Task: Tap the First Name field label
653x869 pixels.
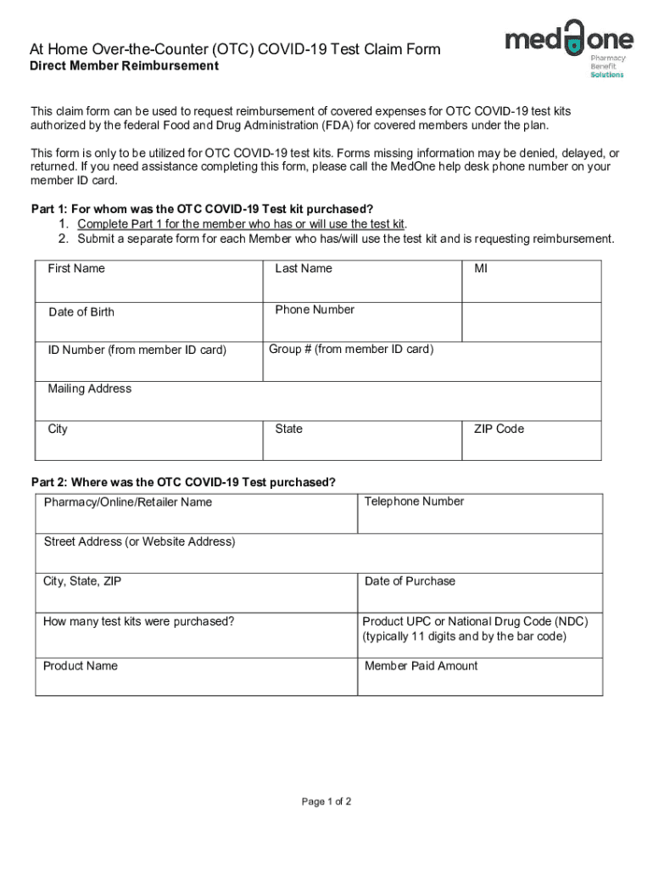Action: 76,269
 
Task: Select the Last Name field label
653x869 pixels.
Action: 303,269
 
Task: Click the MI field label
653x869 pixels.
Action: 481,269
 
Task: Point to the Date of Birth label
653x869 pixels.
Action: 81,312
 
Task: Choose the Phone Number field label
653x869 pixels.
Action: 315,310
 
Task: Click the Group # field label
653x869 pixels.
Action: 351,350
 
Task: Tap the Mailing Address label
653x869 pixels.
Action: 90,389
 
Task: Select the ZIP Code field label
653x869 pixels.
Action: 499,429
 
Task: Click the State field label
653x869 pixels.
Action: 288,429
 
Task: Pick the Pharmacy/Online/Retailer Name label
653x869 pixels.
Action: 128,502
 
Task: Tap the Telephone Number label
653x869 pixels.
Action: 414,502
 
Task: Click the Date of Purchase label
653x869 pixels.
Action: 410,581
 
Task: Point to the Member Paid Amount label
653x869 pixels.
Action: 421,666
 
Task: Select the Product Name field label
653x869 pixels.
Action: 81,666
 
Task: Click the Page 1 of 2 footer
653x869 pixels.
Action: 326,802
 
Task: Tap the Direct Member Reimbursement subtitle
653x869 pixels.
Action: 125,66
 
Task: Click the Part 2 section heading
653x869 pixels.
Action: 183,482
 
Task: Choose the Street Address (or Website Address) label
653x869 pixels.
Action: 140,542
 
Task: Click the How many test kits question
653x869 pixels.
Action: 139,622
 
